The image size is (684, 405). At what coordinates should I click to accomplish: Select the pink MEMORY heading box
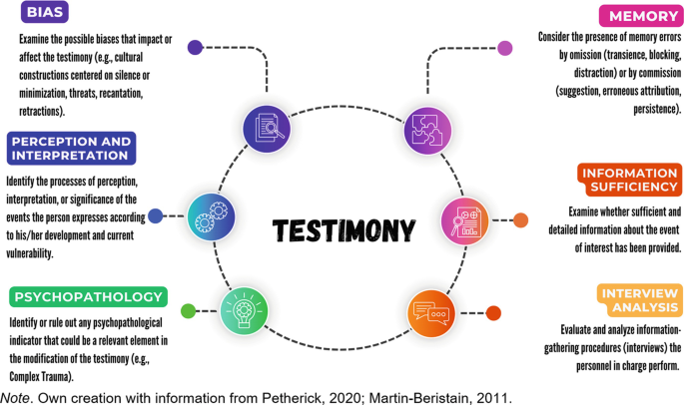638,16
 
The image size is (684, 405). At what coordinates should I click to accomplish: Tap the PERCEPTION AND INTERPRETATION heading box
71,148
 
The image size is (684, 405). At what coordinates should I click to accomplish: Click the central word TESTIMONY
342,231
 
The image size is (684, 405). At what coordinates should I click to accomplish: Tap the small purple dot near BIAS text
195,46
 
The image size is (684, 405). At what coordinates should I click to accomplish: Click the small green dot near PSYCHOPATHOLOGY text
188,311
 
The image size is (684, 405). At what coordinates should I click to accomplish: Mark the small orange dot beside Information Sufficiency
520,219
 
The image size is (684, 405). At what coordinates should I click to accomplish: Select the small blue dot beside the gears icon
156,215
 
